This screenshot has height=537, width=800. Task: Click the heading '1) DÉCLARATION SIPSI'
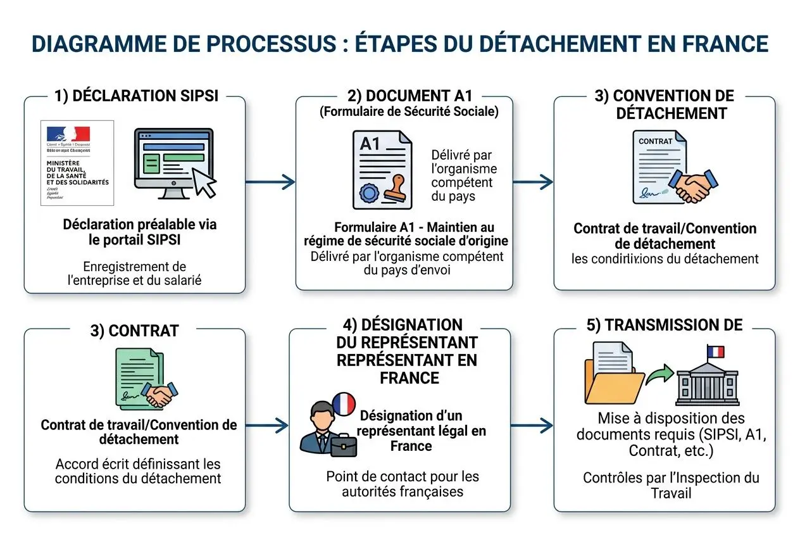point(137,96)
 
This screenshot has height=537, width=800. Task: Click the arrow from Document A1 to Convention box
point(533,182)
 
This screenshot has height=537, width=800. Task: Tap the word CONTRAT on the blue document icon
point(654,141)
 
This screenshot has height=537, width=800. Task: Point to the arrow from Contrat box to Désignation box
point(266,425)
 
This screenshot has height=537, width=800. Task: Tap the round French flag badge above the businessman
point(344,403)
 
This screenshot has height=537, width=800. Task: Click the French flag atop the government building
point(716,351)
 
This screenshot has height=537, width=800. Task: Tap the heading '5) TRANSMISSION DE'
point(665,325)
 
